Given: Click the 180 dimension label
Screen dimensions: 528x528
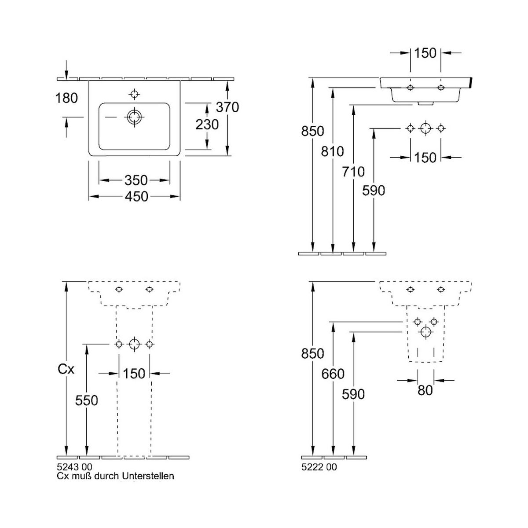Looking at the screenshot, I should pyautogui.click(x=66, y=98).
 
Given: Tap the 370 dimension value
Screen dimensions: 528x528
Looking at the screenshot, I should pyautogui.click(x=227, y=107).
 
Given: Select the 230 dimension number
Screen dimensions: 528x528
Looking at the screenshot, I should pyautogui.click(x=207, y=125).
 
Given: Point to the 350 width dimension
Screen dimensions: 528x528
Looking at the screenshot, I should pyautogui.click(x=136, y=180).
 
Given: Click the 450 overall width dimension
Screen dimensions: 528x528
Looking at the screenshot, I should pyautogui.click(x=136, y=197).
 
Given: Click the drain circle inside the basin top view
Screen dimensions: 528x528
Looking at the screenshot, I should pyautogui.click(x=134, y=117).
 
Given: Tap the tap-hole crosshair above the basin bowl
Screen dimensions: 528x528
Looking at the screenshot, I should pyautogui.click(x=134, y=94).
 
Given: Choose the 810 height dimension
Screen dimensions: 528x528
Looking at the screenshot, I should pyautogui.click(x=333, y=151).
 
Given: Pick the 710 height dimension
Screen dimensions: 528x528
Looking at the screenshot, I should pyautogui.click(x=353, y=172).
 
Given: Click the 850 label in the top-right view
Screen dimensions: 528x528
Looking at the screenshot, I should pyautogui.click(x=312, y=131).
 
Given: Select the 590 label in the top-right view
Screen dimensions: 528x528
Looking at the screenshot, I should pyautogui.click(x=374, y=191).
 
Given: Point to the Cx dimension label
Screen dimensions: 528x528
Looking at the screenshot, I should pyautogui.click(x=66, y=370).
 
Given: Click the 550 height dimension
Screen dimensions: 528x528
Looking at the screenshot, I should pyautogui.click(x=87, y=400).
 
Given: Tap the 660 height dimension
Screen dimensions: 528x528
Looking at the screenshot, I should pyautogui.click(x=333, y=374).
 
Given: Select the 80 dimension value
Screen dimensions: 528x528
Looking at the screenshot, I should pyautogui.click(x=425, y=390).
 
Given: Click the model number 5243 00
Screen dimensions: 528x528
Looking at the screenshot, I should pyautogui.click(x=75, y=467).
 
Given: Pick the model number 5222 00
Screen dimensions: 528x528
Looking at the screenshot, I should pyautogui.click(x=319, y=467).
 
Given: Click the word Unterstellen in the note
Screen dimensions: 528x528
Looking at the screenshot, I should pyautogui.click(x=148, y=476).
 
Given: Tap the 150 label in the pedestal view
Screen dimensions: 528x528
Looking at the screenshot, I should pyautogui.click(x=134, y=374).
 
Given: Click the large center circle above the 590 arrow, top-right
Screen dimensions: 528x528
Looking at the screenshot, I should pyautogui.click(x=425, y=128).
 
